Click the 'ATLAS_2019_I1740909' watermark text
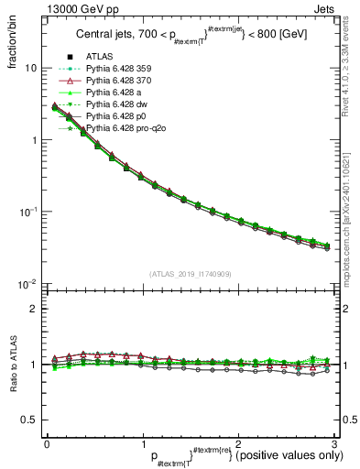tap(190, 273)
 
